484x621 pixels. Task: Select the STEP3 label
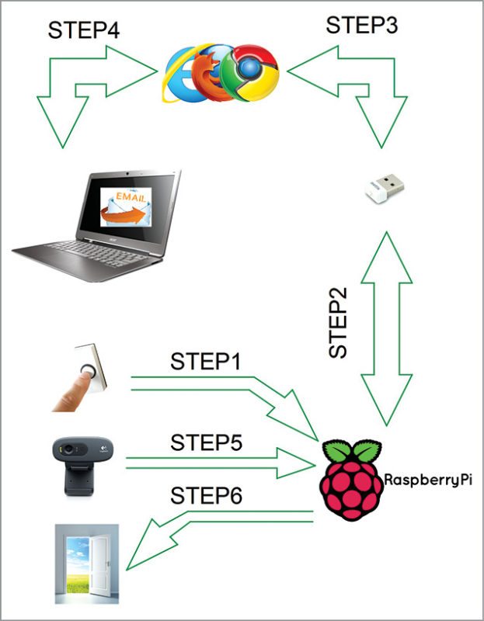tap(361, 26)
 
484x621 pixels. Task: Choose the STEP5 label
tap(206, 442)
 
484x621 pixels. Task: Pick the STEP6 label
tap(205, 495)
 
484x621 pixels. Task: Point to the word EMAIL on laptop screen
tap(129, 198)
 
